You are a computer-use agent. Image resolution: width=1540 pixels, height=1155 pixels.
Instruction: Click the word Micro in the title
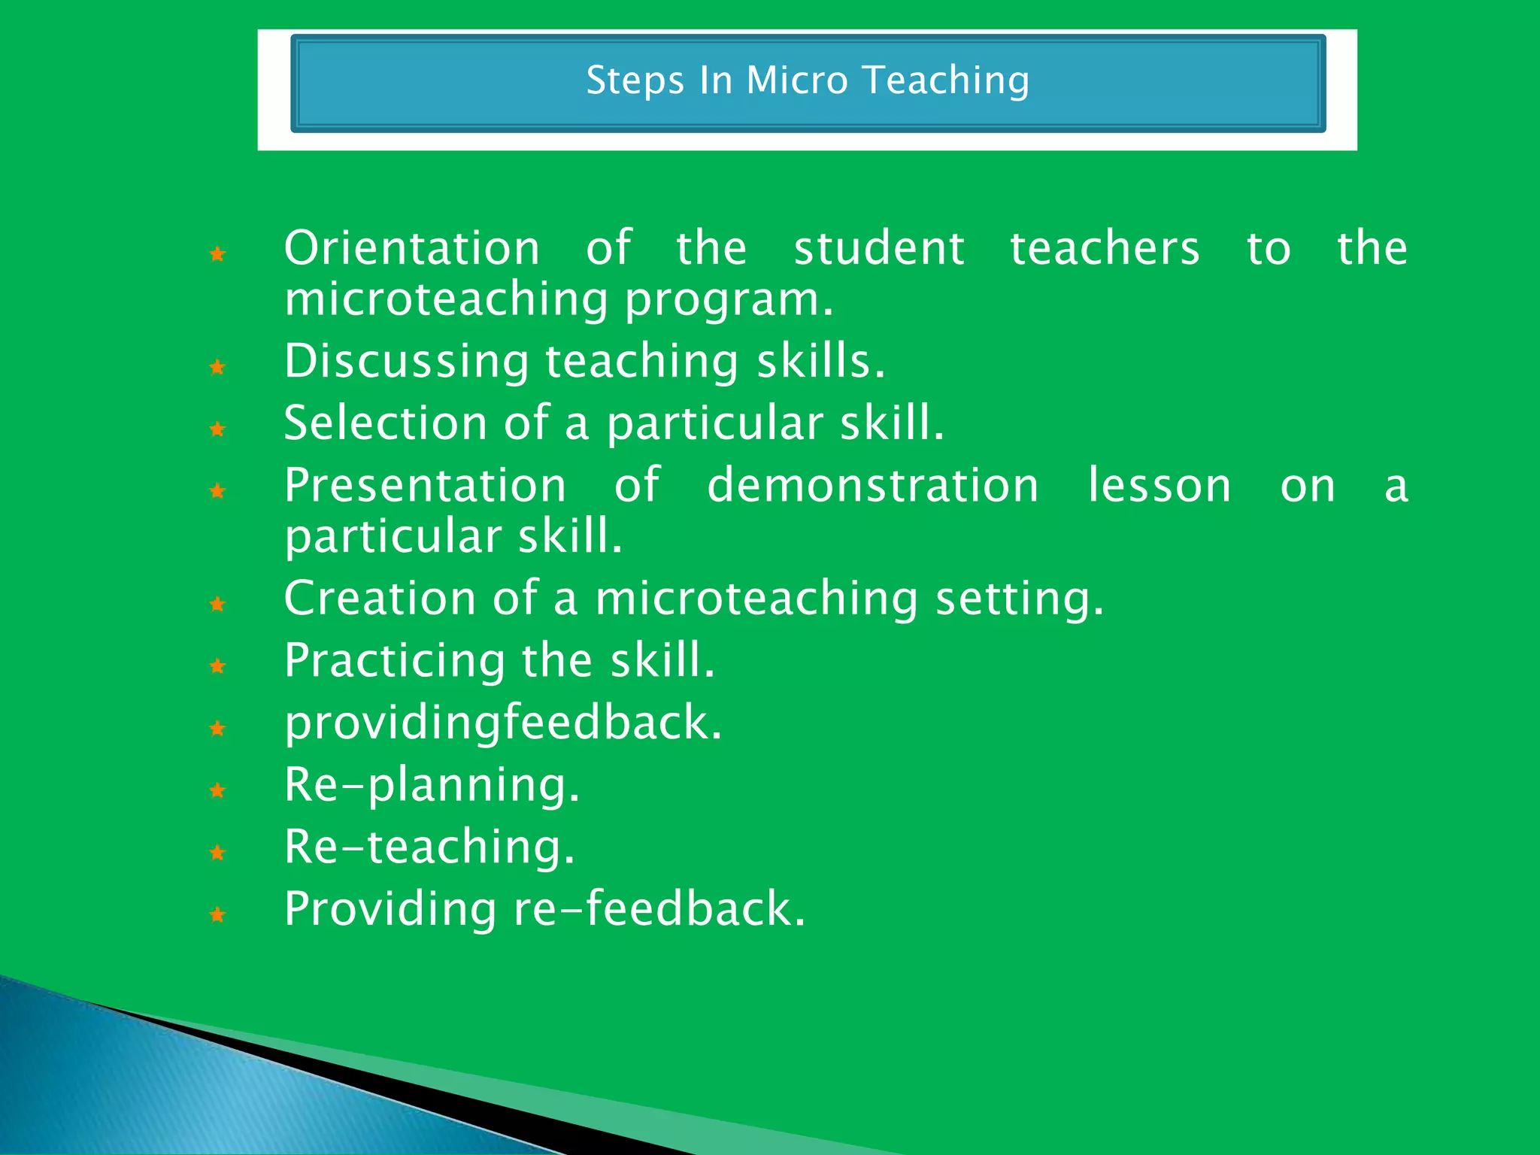click(x=796, y=80)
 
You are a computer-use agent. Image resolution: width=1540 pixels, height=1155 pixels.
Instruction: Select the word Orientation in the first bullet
click(x=412, y=248)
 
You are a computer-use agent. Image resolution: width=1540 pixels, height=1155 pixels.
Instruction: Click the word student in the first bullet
click(x=878, y=248)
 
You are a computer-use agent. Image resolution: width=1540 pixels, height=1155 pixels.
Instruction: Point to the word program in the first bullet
click(x=729, y=301)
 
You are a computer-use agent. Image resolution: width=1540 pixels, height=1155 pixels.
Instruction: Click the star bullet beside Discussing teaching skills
click(x=217, y=367)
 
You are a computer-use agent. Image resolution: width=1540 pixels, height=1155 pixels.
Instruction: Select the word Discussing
click(x=407, y=361)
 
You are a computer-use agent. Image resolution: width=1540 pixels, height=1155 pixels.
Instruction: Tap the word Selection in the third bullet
click(x=386, y=423)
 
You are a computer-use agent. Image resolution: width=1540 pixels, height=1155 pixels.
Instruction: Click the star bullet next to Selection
click(x=217, y=429)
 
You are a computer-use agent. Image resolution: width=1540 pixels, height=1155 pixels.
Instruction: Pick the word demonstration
click(x=873, y=485)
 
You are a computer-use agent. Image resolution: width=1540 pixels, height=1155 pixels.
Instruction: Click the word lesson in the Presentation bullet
click(x=1160, y=485)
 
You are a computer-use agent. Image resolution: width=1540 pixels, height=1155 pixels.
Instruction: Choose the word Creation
click(x=380, y=599)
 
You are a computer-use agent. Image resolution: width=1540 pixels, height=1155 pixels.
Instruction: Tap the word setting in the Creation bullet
click(x=1019, y=600)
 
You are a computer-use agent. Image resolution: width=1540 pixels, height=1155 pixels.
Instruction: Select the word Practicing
click(x=395, y=661)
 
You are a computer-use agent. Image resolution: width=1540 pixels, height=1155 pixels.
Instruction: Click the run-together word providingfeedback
click(x=503, y=723)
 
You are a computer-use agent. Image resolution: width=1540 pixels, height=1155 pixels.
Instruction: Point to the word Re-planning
click(x=432, y=786)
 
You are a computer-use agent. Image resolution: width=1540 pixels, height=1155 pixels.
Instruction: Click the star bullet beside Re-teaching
click(x=217, y=853)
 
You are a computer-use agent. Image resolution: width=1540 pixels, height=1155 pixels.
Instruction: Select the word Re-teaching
click(x=429, y=847)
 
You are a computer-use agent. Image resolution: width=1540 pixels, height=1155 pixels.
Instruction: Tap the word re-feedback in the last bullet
click(x=659, y=909)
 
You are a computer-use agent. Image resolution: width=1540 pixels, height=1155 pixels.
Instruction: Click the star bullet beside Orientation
click(x=217, y=254)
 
